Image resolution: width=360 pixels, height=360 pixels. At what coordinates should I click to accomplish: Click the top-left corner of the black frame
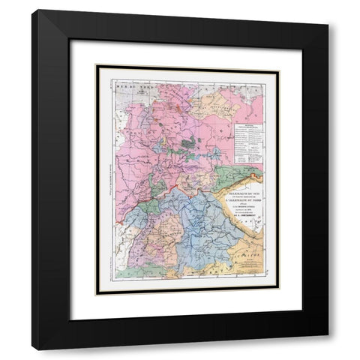(32, 10)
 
